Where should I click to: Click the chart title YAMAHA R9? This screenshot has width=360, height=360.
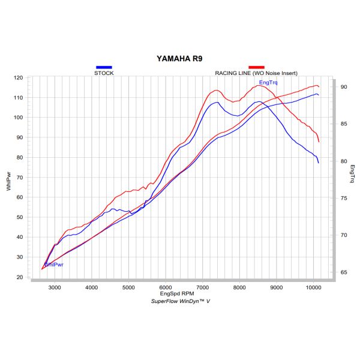(x=180, y=59)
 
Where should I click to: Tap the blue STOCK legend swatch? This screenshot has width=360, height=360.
(x=104, y=67)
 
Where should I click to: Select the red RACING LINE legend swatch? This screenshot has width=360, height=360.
(x=257, y=67)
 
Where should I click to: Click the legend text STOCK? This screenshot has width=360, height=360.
(x=104, y=73)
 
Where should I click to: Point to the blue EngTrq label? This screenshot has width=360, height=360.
(x=268, y=82)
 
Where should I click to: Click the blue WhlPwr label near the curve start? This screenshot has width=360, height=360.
(x=53, y=264)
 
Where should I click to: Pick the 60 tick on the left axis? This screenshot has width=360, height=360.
(x=20, y=197)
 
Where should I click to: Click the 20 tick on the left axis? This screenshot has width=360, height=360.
(x=20, y=277)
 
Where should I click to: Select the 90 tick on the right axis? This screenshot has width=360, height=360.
(x=344, y=87)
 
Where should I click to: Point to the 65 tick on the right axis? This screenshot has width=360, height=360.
(x=344, y=272)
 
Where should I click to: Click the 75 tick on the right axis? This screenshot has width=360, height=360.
(x=344, y=198)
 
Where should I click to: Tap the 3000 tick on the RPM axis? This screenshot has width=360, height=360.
(x=54, y=288)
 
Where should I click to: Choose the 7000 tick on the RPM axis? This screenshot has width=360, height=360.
(x=202, y=288)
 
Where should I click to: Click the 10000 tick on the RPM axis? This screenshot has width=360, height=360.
(x=313, y=288)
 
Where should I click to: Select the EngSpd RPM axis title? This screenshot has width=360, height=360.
(x=180, y=295)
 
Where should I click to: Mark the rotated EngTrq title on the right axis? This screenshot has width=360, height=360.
(x=353, y=172)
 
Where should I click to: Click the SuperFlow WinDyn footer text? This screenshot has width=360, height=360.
(x=180, y=301)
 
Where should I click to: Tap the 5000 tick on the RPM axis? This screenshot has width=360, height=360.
(x=128, y=288)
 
